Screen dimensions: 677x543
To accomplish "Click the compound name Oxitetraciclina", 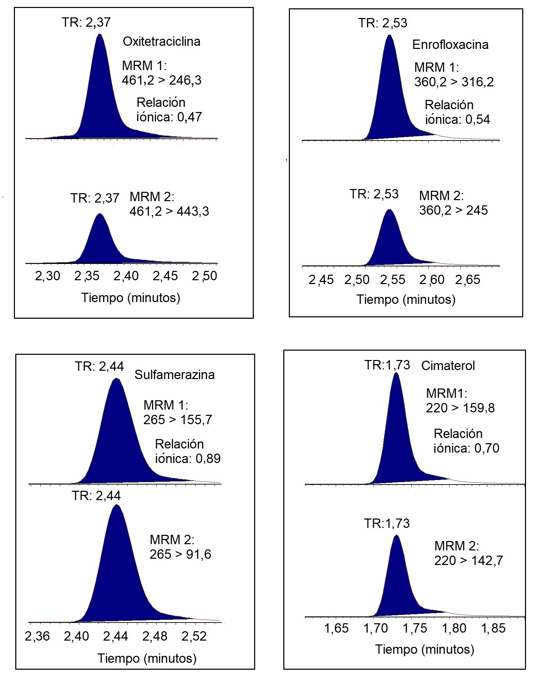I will [161, 42].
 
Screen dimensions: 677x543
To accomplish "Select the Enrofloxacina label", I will [450, 45].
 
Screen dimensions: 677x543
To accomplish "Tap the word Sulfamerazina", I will [174, 375].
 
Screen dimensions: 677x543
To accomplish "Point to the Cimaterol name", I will [448, 366].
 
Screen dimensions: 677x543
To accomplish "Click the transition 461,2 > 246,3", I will [161, 80].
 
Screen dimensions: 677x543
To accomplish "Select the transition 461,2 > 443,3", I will [169, 211].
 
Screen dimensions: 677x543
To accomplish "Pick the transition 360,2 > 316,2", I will [454, 82].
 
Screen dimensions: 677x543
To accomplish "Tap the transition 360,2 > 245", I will [453, 210].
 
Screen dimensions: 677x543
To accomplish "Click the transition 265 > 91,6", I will [180, 554].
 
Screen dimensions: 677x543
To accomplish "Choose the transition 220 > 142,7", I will [468, 560].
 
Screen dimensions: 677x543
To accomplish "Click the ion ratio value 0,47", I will [190, 117].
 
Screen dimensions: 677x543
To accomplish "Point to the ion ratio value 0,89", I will [208, 459].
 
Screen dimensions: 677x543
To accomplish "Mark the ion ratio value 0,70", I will [487, 448].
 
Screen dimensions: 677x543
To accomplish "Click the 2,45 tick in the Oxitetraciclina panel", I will [165, 276].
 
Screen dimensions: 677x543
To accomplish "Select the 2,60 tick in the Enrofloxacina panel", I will [432, 280].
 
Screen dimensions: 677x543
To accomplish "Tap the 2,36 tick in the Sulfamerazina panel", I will [37, 636].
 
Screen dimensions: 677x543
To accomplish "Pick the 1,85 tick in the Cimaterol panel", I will [493, 628].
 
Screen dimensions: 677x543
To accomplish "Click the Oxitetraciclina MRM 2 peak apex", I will [100, 214].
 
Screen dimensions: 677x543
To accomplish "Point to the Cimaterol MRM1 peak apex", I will [396, 373].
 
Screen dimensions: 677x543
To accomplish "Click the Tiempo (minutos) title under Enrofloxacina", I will [406, 299].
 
